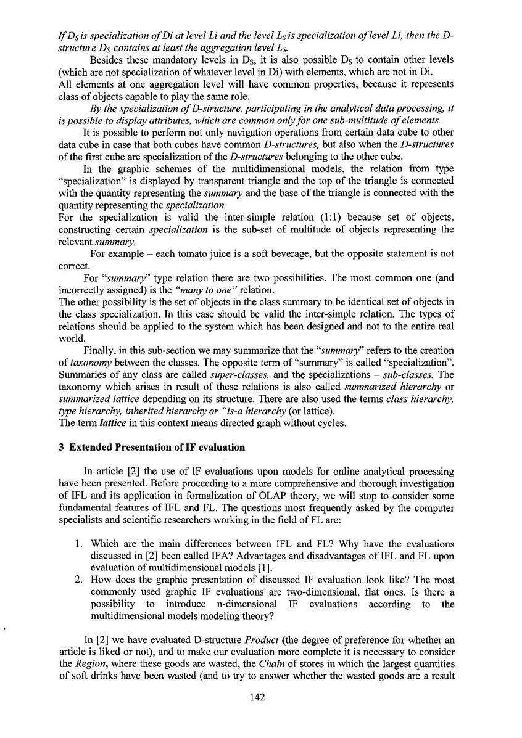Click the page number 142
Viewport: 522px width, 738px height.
[x=257, y=715]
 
